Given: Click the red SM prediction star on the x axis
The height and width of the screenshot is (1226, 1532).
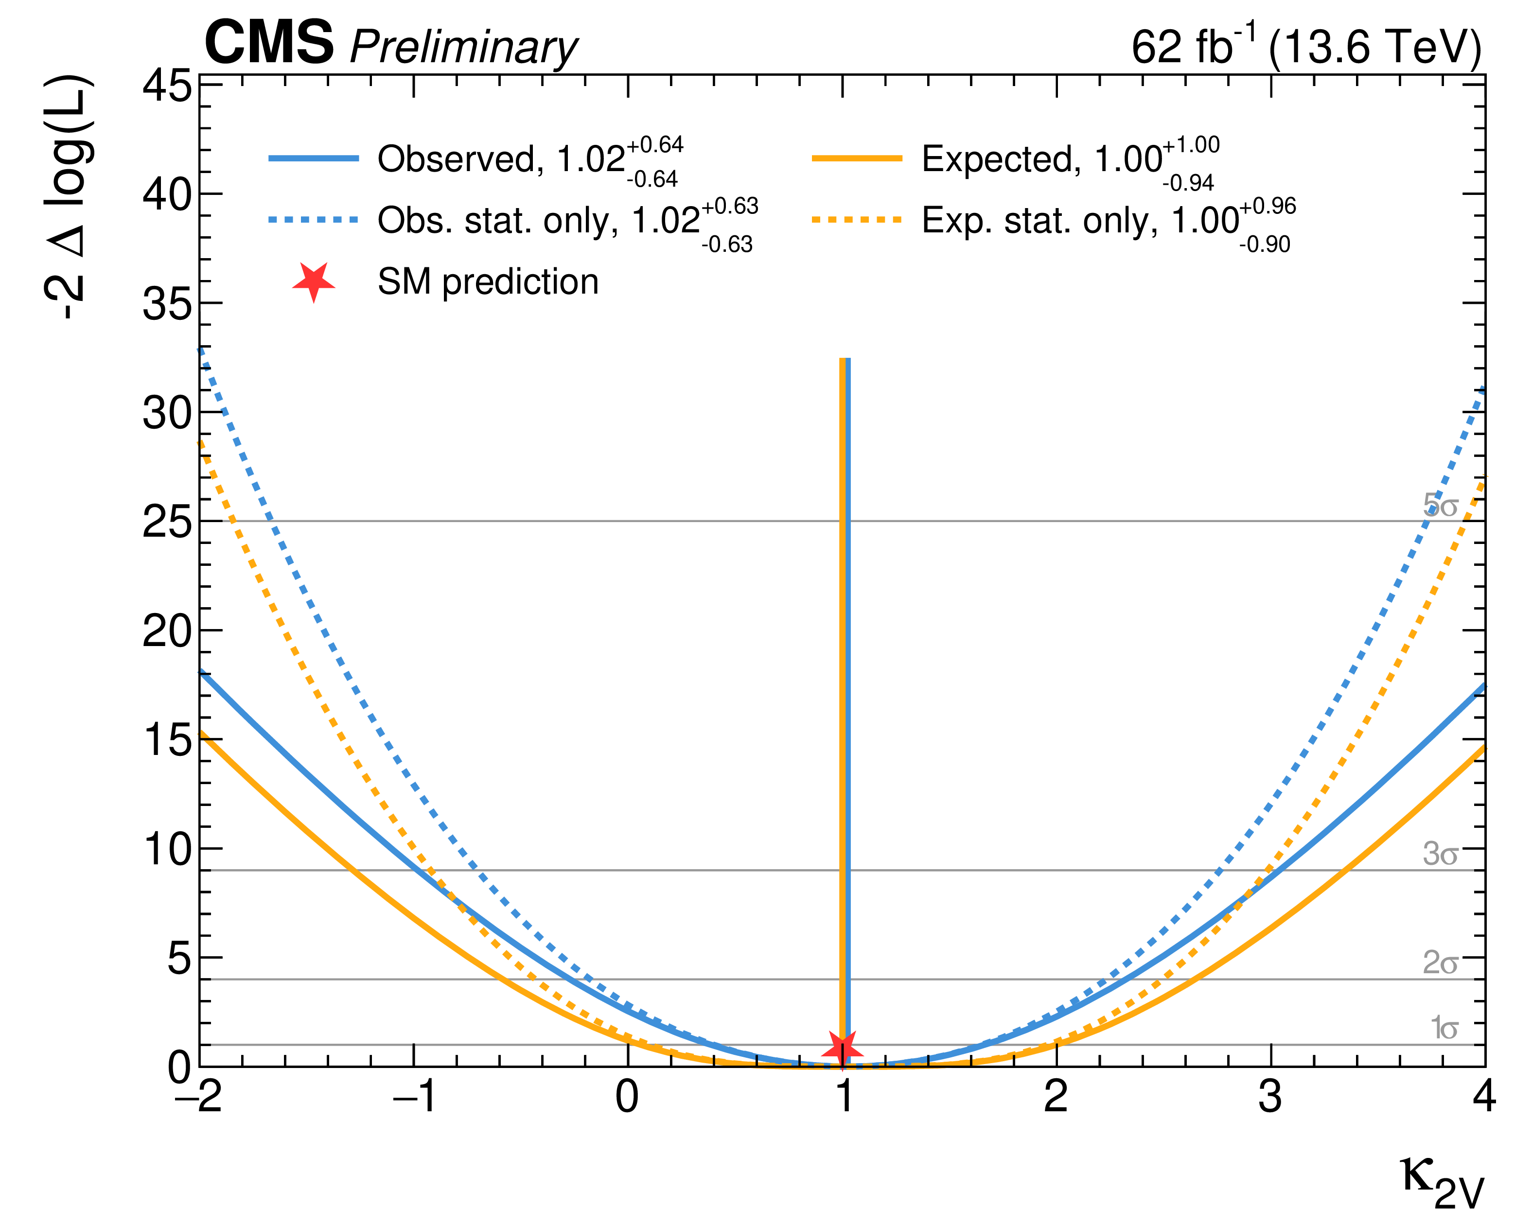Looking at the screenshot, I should point(842,1048).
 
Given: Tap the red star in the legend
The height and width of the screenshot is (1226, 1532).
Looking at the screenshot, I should point(314,281).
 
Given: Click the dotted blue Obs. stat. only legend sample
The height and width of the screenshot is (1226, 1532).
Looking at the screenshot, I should point(314,220).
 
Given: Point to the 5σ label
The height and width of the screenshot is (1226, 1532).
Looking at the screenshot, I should point(1440,505).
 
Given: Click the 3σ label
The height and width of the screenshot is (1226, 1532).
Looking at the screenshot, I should point(1440,853).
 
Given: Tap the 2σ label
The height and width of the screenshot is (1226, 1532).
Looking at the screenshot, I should point(1440,963).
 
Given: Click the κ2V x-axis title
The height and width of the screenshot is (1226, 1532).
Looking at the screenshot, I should point(1443,1182).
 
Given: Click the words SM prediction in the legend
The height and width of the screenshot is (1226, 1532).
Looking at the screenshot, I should point(488,282).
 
